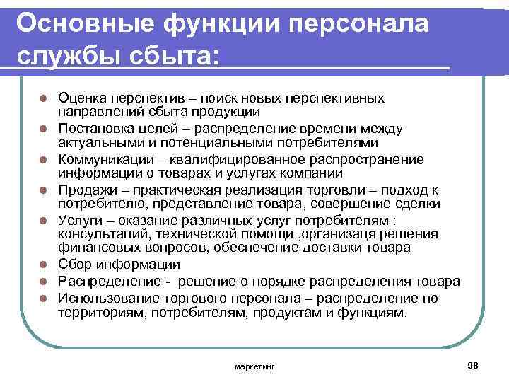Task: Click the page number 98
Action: tap(473, 364)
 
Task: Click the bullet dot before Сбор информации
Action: tap(43, 265)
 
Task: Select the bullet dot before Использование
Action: tap(43, 296)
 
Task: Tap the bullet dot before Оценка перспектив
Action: tap(43, 98)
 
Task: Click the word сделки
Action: tap(415, 204)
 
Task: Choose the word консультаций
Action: tap(99, 234)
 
